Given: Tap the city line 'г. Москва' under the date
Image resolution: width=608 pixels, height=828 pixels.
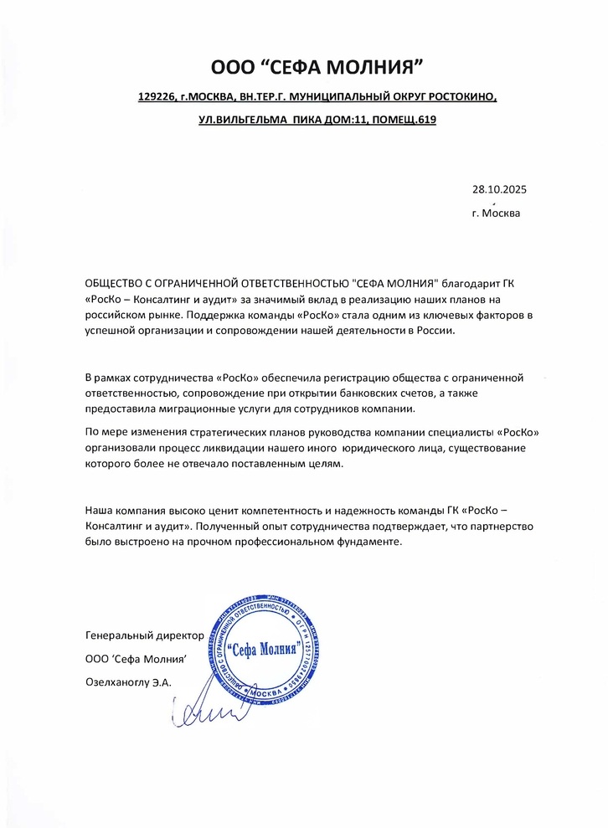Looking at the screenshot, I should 496,213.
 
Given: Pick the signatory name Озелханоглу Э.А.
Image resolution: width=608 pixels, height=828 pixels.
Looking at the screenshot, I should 128,682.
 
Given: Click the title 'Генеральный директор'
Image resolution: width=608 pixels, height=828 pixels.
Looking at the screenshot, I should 144,636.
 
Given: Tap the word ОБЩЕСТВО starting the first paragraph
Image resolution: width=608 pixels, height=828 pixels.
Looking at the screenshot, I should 123,284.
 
